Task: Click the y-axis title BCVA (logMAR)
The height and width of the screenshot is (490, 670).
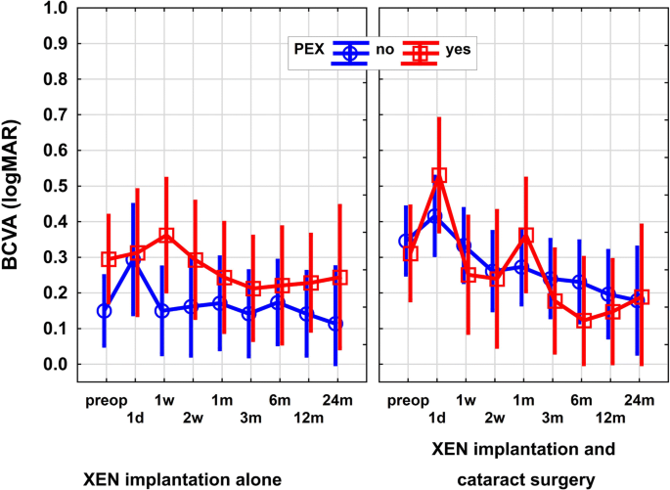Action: coord(19,186)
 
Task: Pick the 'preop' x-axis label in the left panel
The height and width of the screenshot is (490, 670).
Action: coord(105,400)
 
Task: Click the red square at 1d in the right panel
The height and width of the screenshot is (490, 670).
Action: coord(439,176)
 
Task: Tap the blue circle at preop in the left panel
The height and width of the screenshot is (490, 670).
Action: coord(105,311)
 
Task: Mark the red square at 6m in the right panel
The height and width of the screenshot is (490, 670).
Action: coord(584,320)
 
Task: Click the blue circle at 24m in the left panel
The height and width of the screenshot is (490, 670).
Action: coord(337,324)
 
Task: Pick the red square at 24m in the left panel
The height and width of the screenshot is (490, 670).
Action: coord(340,278)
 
